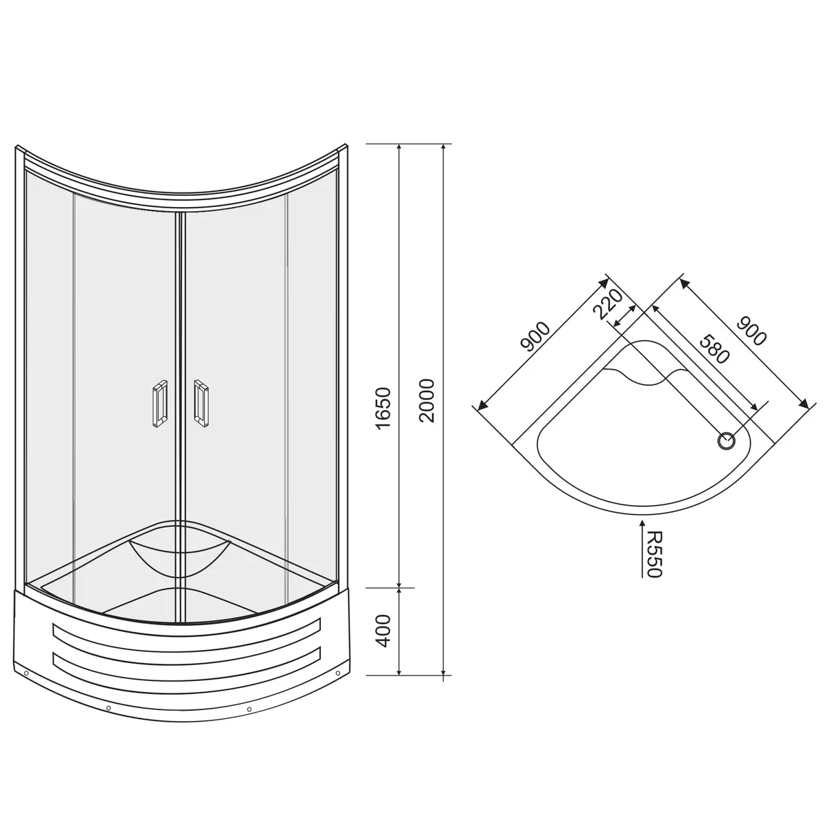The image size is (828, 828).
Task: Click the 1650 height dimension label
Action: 383,408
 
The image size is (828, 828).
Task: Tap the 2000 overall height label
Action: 427,401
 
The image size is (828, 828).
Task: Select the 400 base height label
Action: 383,631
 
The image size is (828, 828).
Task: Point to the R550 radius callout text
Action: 655,555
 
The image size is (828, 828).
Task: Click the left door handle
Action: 160,404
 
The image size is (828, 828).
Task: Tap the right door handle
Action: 201,404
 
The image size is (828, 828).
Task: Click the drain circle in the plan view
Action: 726,441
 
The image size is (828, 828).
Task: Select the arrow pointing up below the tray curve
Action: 642,549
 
